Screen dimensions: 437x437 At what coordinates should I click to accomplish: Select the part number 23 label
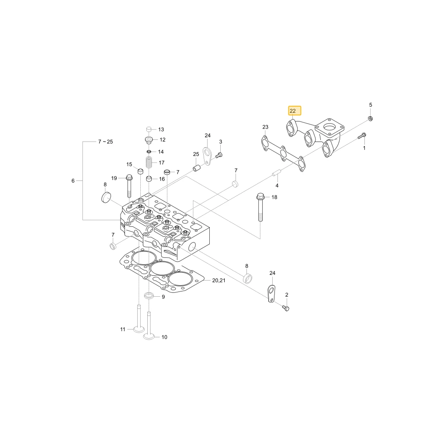pyautogui.click(x=265, y=127)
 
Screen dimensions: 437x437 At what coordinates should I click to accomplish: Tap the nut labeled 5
pyautogui.click(x=371, y=118)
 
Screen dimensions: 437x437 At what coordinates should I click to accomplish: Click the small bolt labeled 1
pyautogui.click(x=362, y=136)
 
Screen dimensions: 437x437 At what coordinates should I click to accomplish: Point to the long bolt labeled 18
pyautogui.click(x=260, y=207)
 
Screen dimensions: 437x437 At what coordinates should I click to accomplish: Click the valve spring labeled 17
pyautogui.click(x=149, y=162)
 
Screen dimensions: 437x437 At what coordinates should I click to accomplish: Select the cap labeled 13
pyautogui.click(x=149, y=129)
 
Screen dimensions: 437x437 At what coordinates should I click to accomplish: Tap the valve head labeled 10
pyautogui.click(x=149, y=336)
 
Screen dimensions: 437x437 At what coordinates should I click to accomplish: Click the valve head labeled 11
pyautogui.click(x=139, y=329)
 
